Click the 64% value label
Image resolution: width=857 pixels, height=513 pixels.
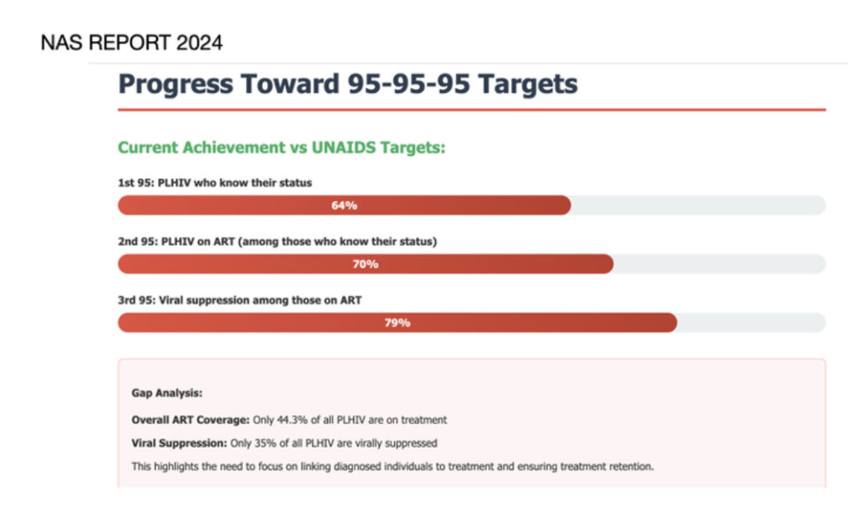[x=344, y=205]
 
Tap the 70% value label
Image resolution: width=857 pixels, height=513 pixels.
[x=365, y=264]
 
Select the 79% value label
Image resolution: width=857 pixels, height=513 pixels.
[x=398, y=323]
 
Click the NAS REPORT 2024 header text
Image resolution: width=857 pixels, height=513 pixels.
[x=131, y=43]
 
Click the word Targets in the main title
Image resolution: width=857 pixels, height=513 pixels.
[x=527, y=85]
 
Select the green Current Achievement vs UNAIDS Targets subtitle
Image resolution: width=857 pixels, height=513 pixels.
[x=281, y=147]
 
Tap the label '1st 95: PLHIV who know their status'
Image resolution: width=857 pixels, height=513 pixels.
[x=215, y=183]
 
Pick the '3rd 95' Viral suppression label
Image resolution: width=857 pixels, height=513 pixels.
[x=239, y=300]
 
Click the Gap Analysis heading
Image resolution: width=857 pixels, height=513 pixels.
[x=167, y=392]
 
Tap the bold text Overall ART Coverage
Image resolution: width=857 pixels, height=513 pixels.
[x=190, y=420]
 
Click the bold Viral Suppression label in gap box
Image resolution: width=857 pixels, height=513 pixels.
[x=179, y=443]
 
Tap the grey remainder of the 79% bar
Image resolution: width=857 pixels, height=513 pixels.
[x=752, y=323]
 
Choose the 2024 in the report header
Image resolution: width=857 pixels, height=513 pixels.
[x=199, y=43]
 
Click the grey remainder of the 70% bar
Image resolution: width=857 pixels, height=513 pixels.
[x=720, y=264]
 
